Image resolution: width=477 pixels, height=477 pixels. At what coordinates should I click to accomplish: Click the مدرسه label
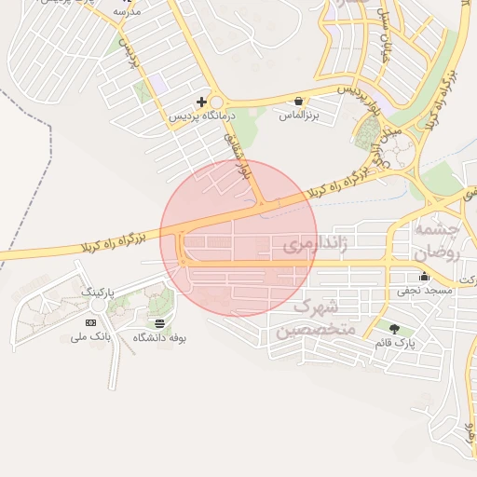point(127,12)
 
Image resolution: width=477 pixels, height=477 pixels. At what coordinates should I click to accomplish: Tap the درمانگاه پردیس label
point(199,118)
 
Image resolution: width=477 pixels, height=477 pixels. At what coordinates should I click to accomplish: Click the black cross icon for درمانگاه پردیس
point(200,101)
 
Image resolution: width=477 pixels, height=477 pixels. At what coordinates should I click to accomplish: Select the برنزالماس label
point(298,118)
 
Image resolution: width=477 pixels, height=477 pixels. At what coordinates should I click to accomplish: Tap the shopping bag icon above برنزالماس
point(298,101)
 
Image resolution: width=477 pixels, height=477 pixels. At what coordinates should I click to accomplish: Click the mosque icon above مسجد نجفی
point(425,276)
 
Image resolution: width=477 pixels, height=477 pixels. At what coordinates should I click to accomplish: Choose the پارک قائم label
point(394,344)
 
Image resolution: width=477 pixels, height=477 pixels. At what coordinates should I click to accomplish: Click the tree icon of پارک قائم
point(394,328)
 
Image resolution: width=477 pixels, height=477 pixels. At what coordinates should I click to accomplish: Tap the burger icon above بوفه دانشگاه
point(160,322)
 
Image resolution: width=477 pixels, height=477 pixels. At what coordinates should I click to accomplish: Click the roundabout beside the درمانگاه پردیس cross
point(218,102)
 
